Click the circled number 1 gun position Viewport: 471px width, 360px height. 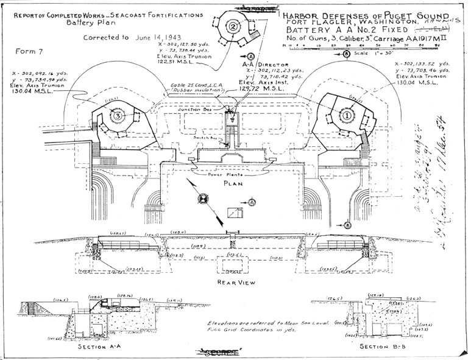click(x=348, y=114)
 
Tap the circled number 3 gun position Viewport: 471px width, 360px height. click(x=116, y=115)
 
